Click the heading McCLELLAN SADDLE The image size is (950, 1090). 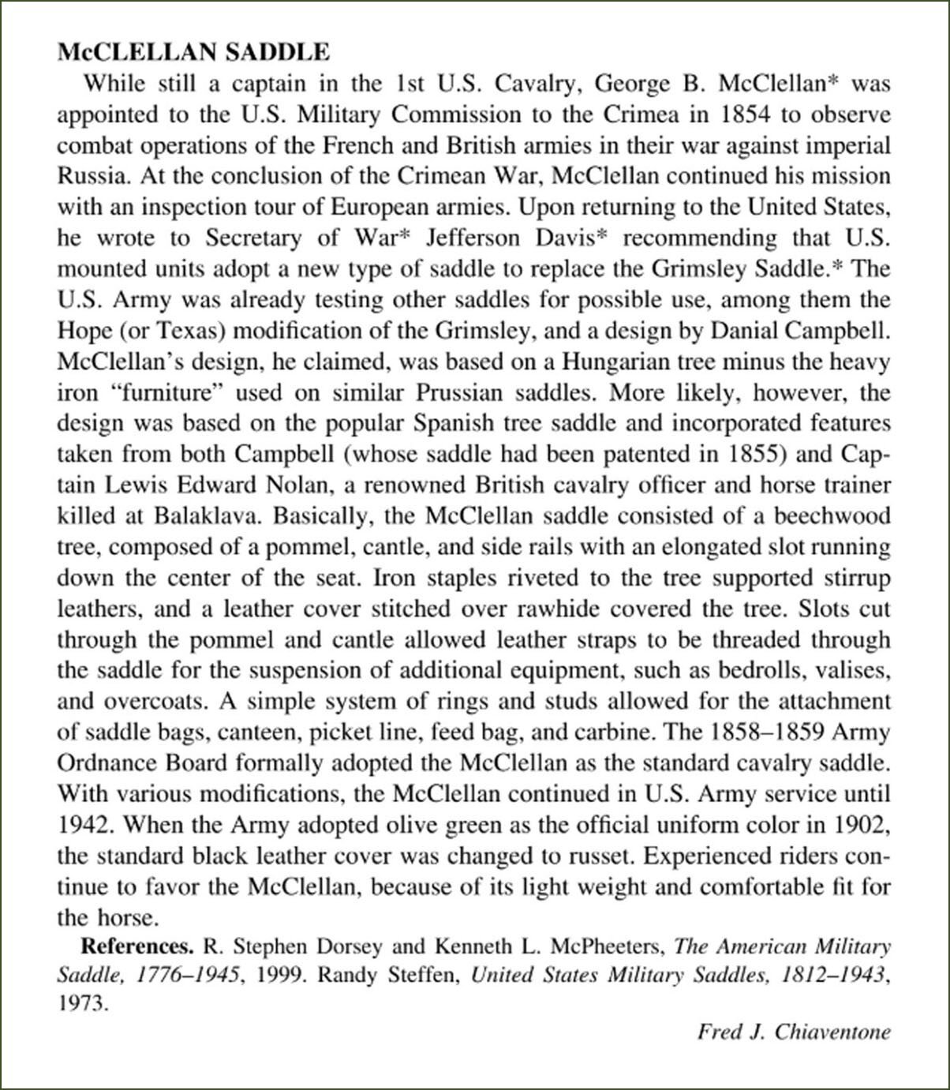194,52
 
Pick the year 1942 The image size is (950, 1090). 88,824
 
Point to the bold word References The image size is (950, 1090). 137,946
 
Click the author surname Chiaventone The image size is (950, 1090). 832,1032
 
